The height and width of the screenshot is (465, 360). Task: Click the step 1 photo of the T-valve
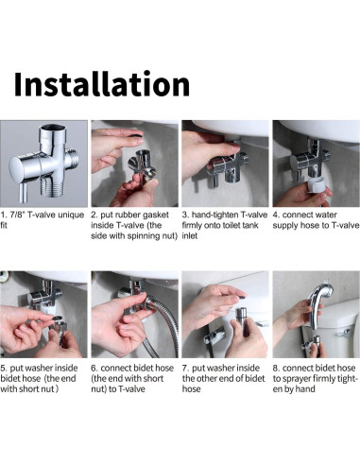coord(43,164)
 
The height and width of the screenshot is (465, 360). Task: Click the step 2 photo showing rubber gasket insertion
coord(133,164)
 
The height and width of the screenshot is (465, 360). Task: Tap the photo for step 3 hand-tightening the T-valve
coord(224,164)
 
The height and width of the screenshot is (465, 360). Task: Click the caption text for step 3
coord(224,226)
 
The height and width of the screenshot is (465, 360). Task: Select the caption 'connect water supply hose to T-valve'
coord(314,220)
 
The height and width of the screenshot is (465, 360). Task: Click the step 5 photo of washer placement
coord(43,316)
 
